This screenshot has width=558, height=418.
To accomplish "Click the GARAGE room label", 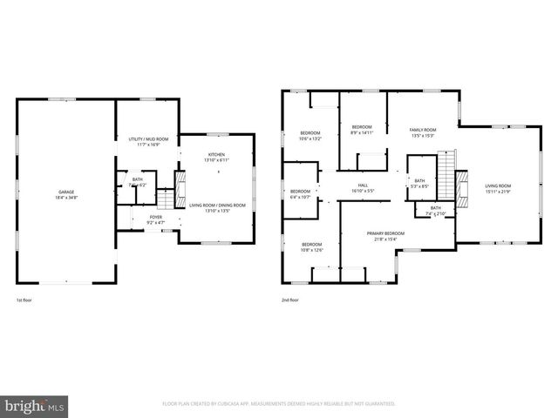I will tap(66, 192).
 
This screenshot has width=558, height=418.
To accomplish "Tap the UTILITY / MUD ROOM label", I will tap(148, 139).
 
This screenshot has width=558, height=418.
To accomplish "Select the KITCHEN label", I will tap(216, 154).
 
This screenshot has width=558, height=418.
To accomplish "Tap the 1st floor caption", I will tap(24, 300).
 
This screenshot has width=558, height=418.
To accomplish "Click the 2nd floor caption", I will tap(290, 300).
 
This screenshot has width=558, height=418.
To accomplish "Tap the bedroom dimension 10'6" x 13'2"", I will tap(310, 138).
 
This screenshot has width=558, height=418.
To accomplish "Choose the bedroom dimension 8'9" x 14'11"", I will tap(362, 132).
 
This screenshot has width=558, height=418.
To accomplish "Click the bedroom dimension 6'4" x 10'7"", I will tap(301, 197).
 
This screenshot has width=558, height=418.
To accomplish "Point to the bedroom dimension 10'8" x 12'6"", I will tap(311, 251).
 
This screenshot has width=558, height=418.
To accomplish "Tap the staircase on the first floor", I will tap(181, 184).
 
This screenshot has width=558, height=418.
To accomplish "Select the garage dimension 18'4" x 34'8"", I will tap(66, 198).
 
